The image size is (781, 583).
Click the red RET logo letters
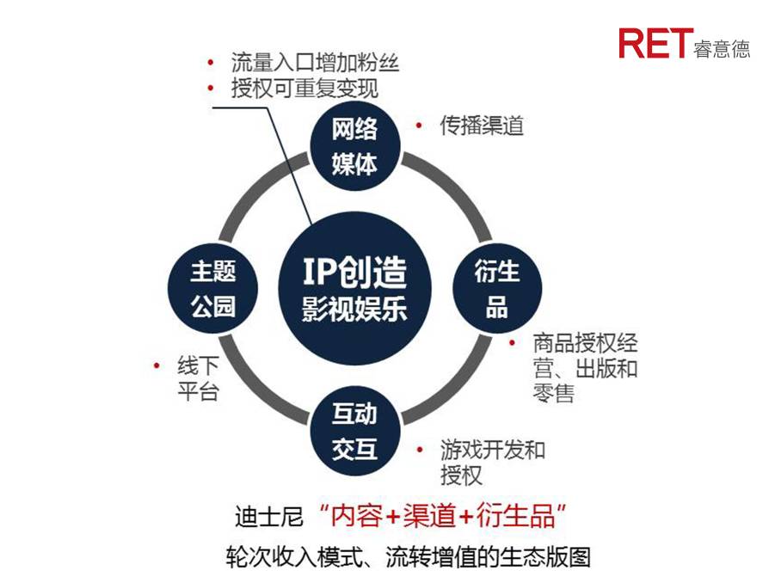pos(655,43)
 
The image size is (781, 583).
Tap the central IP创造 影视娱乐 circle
pos(354,288)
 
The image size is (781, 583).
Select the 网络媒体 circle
pos(355,146)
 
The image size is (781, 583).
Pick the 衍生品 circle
pos(496,288)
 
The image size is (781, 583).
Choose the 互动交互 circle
pos(355,431)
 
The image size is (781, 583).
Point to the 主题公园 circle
pos(212,288)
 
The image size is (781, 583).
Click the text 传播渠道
pos(482,126)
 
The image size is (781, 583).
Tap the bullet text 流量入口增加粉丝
pos(315,63)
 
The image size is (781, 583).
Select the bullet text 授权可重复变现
pos(304,88)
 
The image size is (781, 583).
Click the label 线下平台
pos(198,378)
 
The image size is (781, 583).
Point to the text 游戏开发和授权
pos(493,462)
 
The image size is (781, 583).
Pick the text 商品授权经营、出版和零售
pos(585,368)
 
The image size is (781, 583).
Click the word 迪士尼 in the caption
pos(269,516)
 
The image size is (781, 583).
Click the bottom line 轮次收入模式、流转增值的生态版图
pos(409,557)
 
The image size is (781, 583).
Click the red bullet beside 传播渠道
pos(419,126)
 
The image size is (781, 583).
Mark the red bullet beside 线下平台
pos(157,366)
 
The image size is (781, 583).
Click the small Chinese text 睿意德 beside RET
pos(722,49)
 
